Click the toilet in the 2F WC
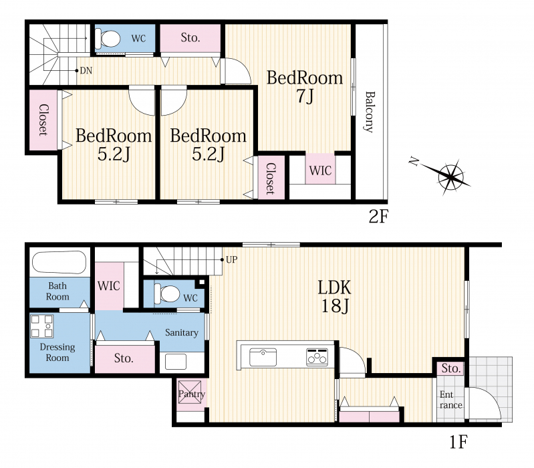pos(108,39)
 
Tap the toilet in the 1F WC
pos(167,294)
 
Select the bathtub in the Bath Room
pos(59,262)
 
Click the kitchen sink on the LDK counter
pos(263,357)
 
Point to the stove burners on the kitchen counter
pos(317,357)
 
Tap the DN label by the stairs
pos(86,70)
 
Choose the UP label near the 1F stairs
pos(232,259)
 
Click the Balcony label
pos(369,112)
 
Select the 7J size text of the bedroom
pos(305,96)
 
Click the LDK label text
pos(334,287)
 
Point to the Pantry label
pos(192,394)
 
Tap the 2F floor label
pos(378,216)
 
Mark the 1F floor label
pos(458,442)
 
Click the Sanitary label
pos(182,332)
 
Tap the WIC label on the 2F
pos(321,170)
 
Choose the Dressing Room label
pos(57,352)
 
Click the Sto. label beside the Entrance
pos(451,368)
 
